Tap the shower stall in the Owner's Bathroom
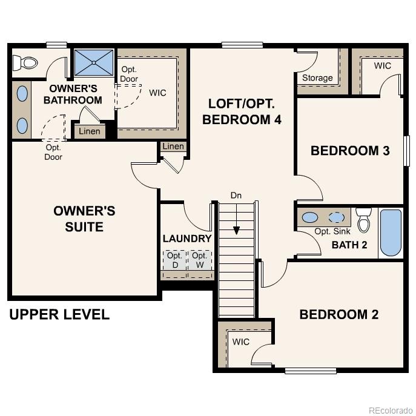(94, 62)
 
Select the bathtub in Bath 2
(391, 233)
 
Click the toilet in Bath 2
(363, 220)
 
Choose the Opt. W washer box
(199, 260)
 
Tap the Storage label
(317, 78)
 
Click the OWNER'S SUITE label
(84, 219)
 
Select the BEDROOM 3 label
(349, 151)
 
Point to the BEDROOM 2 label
(338, 314)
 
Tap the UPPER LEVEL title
(59, 314)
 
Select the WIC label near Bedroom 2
(240, 342)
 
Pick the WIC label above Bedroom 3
(382, 65)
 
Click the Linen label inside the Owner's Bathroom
(90, 131)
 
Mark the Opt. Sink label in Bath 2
(332, 232)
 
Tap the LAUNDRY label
(187, 239)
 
